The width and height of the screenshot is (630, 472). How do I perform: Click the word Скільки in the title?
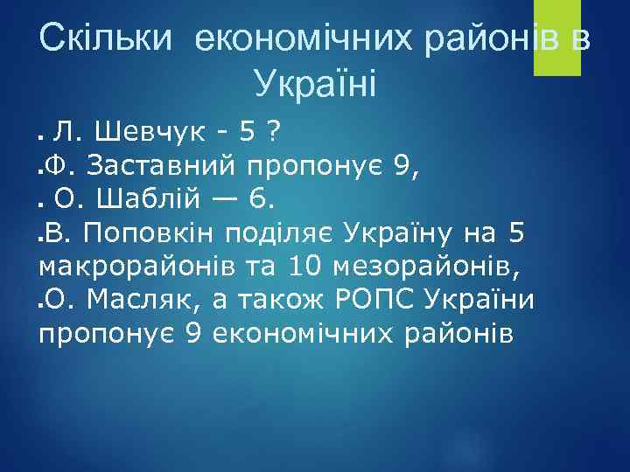pyautogui.click(x=109, y=39)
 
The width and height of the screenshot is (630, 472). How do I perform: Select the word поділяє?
pyautogui.click(x=282, y=234)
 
